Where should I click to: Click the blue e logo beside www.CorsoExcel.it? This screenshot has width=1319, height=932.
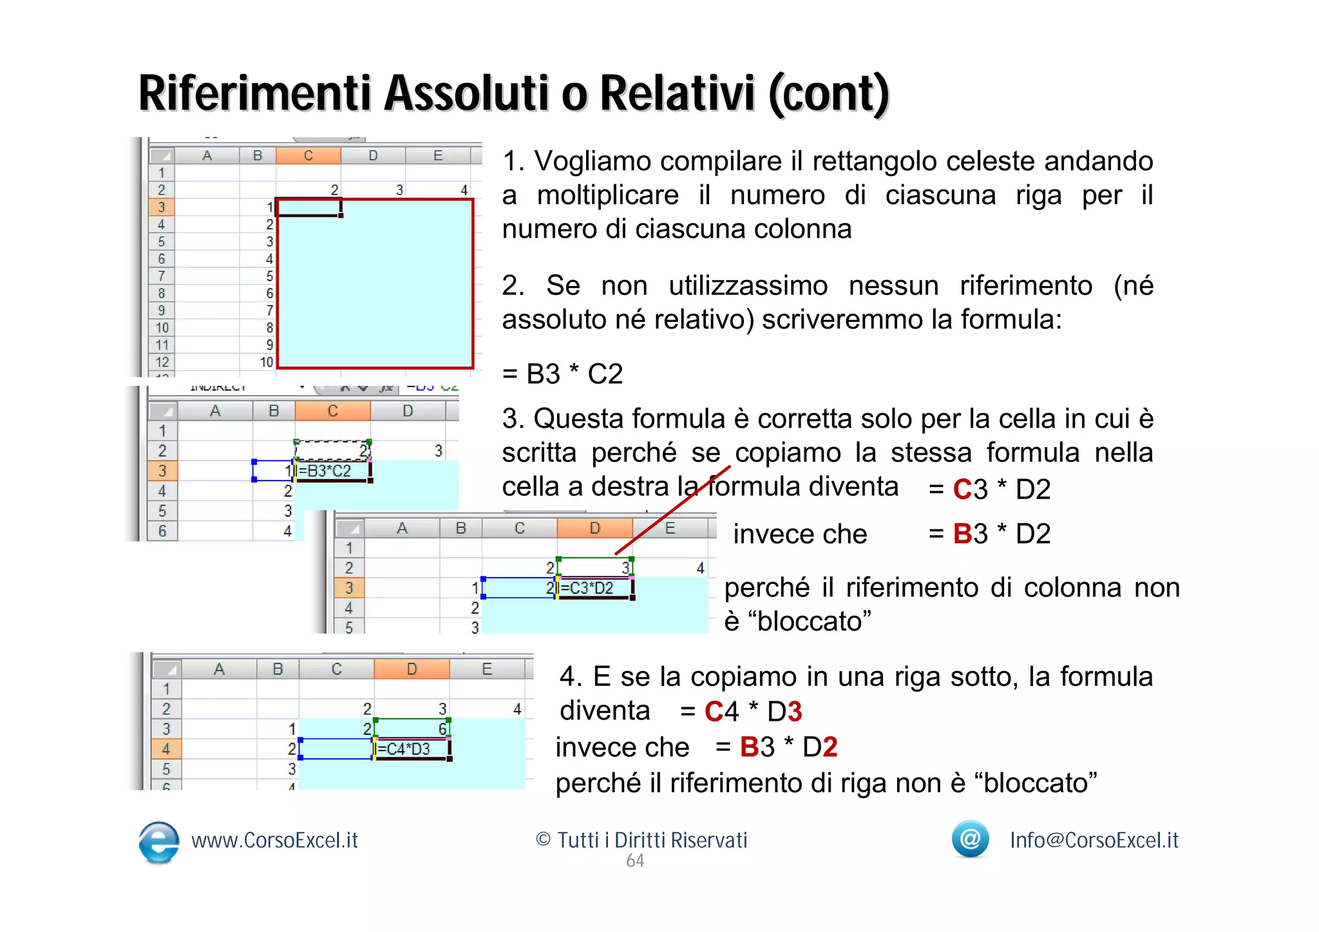(158, 842)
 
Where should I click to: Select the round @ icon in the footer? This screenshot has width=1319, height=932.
(970, 839)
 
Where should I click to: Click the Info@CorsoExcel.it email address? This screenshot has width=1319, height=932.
(1094, 841)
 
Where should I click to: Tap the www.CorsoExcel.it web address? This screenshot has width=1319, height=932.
(274, 841)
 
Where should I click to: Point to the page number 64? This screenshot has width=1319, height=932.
(635, 861)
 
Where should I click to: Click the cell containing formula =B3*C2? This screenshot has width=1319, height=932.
(332, 471)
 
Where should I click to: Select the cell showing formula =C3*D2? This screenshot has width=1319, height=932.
(594, 588)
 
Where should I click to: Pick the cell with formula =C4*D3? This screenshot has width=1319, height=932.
(411, 749)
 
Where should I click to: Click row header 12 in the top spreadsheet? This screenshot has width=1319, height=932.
(162, 362)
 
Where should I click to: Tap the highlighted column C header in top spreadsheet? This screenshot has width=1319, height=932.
(308, 156)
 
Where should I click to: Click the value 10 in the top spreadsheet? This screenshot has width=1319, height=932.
(266, 362)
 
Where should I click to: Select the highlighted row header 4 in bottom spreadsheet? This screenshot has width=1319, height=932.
(166, 749)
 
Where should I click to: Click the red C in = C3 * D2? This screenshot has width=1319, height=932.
(962, 490)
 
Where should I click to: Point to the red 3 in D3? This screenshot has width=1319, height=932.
(794, 712)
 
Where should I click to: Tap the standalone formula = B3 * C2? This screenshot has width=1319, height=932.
(562, 374)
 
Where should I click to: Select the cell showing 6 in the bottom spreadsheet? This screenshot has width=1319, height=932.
(442, 729)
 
